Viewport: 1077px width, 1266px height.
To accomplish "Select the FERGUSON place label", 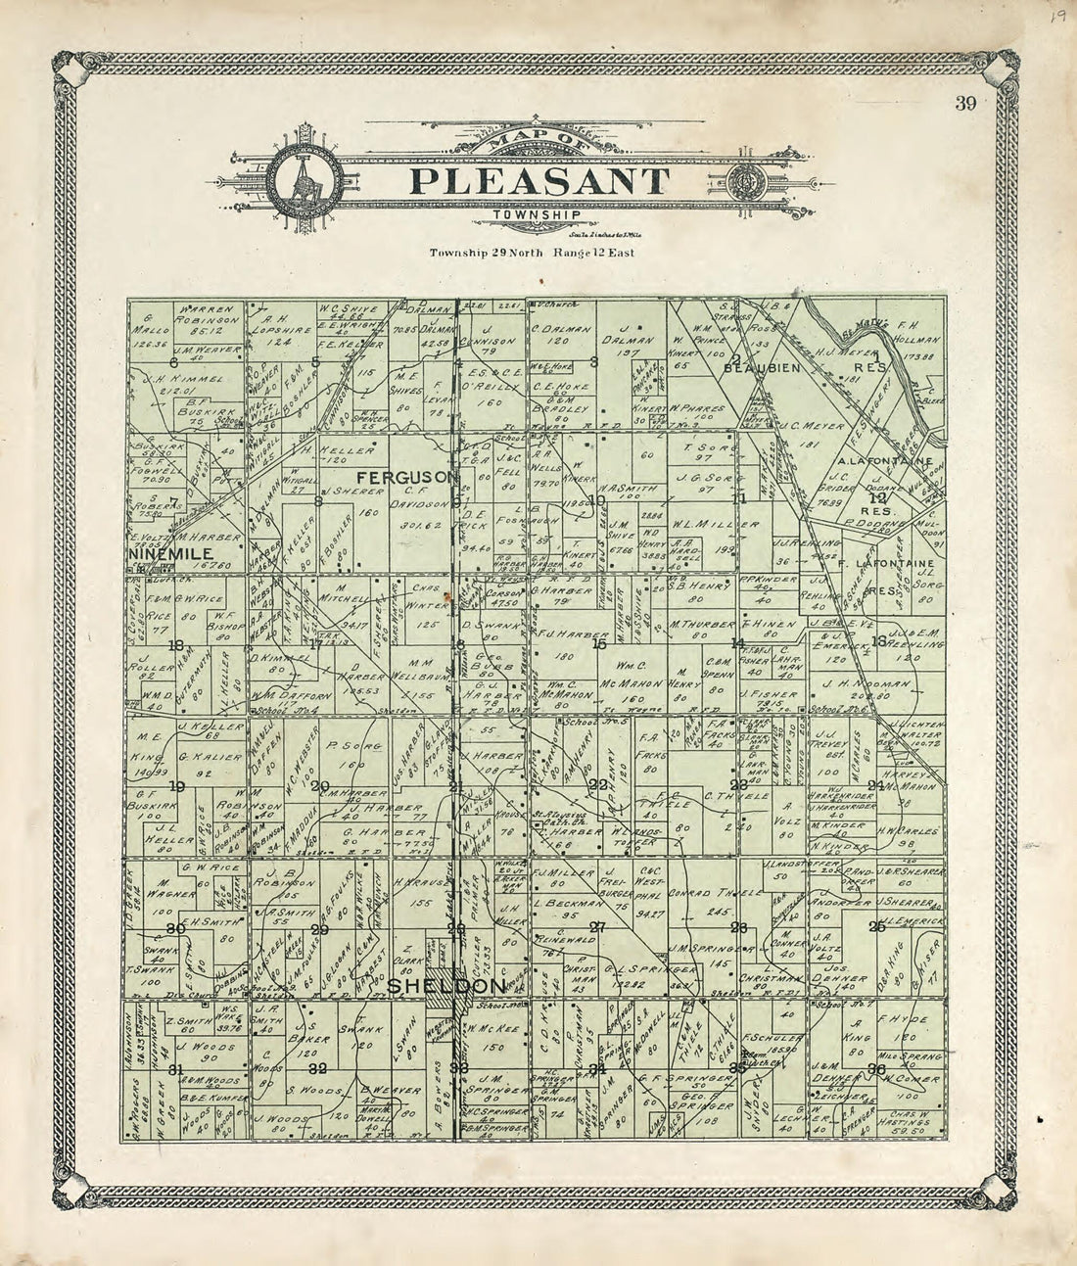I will pos(407,477).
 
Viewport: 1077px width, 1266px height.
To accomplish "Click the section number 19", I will pos(177,786).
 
